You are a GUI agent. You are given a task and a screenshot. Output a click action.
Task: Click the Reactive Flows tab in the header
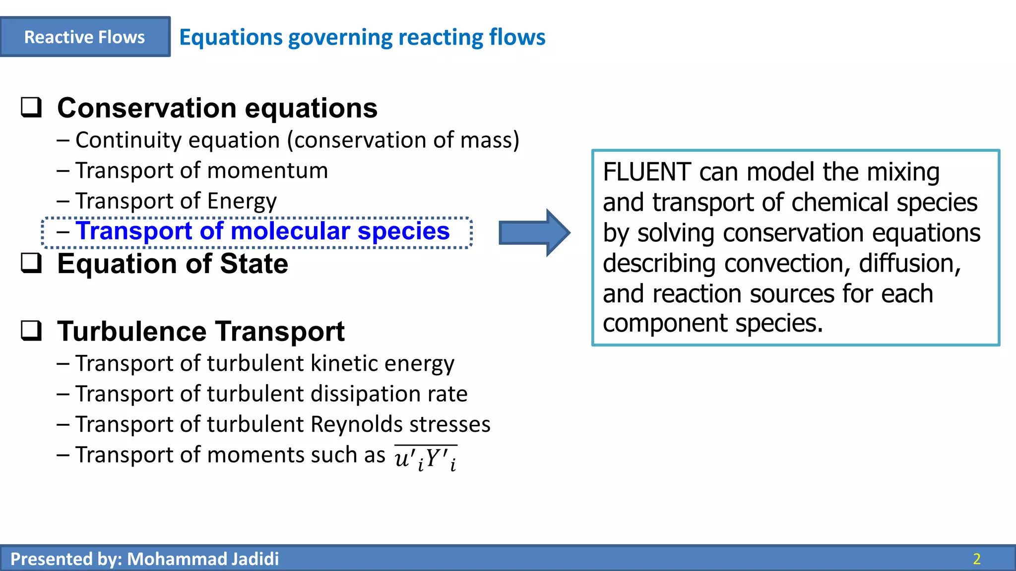coord(85,37)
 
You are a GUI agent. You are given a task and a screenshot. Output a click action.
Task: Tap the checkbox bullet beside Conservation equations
coord(31,107)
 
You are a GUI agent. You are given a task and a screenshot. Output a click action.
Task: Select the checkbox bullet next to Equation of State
coord(31,263)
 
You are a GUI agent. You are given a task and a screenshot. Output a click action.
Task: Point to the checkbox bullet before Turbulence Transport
coord(31,331)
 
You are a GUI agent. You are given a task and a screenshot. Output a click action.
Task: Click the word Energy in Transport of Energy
coord(242,201)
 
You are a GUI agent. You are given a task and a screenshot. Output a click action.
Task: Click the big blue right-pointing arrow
coord(534,232)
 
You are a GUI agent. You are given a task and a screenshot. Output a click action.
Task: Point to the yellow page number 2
coord(977,559)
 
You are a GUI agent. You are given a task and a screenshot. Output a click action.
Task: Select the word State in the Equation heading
coord(254,264)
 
